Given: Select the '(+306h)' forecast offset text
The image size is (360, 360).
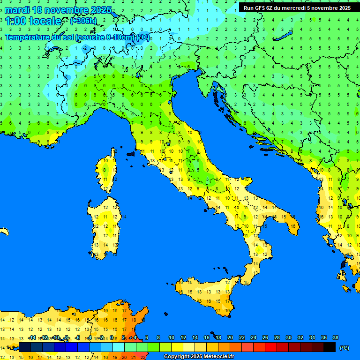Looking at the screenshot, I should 83,21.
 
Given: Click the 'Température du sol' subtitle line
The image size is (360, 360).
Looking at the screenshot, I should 77,37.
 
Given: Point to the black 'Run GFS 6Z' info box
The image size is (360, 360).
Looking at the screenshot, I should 297,7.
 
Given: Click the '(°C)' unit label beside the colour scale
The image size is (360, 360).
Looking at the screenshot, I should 344,348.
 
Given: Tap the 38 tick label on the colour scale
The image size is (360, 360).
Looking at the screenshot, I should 335,337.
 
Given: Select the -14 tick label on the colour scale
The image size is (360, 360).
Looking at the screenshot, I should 32,337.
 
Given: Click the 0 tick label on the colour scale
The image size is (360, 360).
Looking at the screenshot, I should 112,337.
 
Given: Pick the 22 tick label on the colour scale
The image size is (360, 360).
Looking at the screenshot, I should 242,337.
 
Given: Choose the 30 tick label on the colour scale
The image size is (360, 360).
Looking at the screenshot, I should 288,337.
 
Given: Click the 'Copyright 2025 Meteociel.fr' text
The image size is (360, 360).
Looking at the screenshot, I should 199,357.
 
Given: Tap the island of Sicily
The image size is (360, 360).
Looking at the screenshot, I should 206,293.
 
